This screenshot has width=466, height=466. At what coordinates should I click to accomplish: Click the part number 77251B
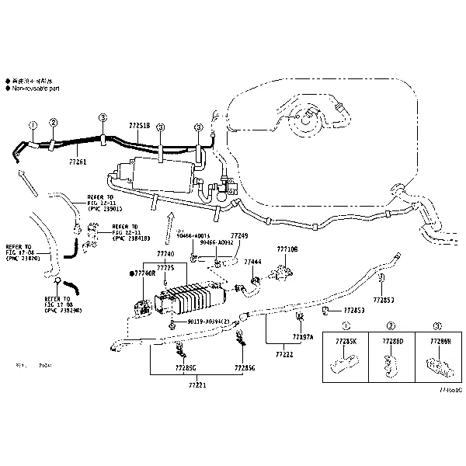click(x=139, y=124)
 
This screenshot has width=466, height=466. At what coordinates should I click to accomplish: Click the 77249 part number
click(x=239, y=235)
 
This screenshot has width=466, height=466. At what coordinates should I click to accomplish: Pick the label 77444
click(x=252, y=263)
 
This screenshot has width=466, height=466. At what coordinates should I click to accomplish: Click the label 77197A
click(x=303, y=336)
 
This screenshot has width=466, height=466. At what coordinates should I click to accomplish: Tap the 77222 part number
click(x=283, y=354)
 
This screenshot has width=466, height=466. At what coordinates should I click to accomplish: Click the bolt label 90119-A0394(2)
click(x=207, y=321)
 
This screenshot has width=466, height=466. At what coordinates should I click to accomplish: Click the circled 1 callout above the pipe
click(x=33, y=124)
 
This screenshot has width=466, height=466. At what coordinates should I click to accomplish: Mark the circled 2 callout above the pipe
click(x=54, y=122)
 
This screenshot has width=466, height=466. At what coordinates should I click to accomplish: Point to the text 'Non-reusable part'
click(x=37, y=89)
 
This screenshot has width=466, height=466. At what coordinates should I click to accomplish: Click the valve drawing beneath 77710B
click(x=281, y=272)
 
